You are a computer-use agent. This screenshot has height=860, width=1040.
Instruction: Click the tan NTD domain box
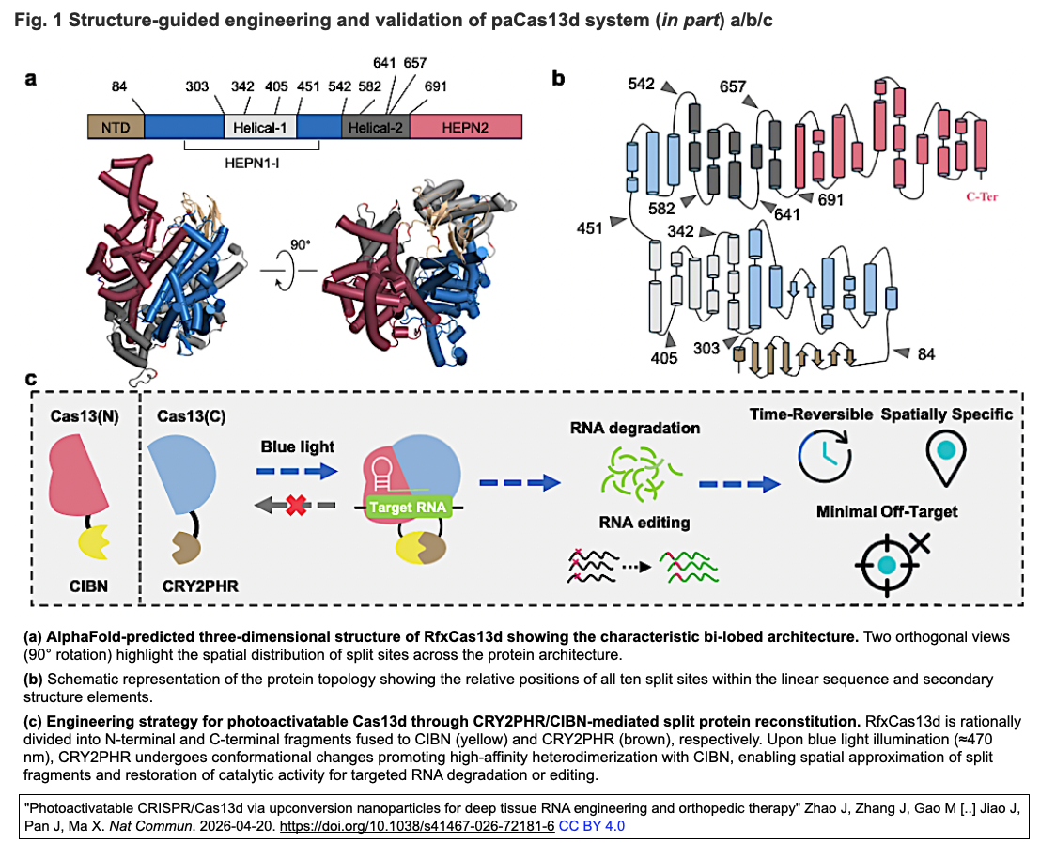coord(116,127)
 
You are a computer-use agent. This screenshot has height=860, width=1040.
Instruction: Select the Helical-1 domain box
coord(260,127)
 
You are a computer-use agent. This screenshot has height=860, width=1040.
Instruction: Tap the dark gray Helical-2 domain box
coord(376,127)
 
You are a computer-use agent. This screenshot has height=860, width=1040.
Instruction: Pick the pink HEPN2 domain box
coord(466,127)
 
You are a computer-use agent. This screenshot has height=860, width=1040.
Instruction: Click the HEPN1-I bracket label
coord(252,163)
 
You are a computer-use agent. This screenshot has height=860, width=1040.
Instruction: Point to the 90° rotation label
coord(300,245)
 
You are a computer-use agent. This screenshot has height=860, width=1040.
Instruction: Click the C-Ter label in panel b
coord(982,196)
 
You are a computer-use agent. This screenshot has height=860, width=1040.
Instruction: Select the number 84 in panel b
coord(926,354)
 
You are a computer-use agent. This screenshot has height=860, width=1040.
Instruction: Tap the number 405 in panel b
coord(664,358)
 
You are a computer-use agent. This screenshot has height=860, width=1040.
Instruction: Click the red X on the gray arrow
coord(296,506)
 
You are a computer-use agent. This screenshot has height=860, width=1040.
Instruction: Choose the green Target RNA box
coord(408,507)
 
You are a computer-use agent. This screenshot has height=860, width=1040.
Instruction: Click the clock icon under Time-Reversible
coord(825,455)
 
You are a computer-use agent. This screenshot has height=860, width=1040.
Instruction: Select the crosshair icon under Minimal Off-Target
coord(888,565)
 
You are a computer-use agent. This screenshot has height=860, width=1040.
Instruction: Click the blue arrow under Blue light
coord(297,471)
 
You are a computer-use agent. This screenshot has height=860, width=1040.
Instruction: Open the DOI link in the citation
coord(417,826)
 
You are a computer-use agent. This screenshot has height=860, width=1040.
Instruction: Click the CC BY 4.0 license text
coord(592,826)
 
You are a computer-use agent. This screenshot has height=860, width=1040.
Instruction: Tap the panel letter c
coord(30,379)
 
